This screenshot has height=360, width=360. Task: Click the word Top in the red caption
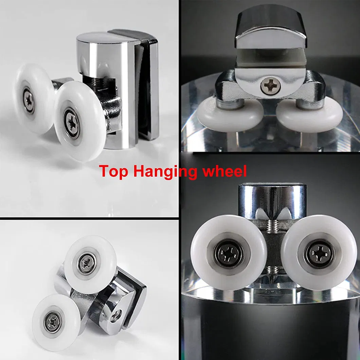point(113,171)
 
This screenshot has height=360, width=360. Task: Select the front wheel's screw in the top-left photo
point(72,123)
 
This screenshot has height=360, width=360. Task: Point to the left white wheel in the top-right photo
point(230,114)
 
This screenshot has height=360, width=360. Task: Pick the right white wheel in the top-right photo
point(310,114)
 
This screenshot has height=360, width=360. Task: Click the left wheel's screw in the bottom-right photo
point(229,254)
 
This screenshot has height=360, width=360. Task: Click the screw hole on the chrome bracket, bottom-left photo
point(116,317)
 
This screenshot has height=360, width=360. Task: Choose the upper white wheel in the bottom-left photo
point(90,265)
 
